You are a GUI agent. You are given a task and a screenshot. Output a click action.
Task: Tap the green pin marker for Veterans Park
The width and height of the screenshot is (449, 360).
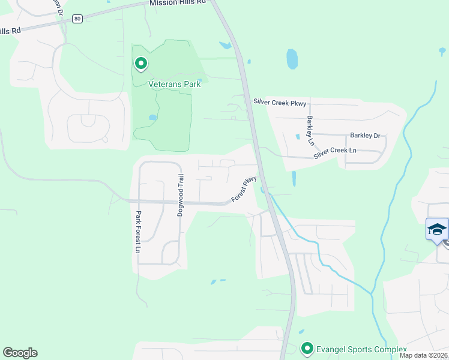pos(141,63)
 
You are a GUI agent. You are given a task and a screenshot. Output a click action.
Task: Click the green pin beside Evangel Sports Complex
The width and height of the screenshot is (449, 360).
pos(307,348)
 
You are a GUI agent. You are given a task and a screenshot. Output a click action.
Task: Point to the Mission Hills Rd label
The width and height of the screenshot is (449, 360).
pos(178,2)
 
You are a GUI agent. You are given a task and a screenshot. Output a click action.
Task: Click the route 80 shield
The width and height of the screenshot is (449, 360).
pos(77,19)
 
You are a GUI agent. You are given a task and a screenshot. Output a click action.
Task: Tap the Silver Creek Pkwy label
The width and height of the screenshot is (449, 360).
pos(280,103)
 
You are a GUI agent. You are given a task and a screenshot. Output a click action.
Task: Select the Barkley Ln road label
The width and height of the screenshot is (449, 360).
pos(310,130)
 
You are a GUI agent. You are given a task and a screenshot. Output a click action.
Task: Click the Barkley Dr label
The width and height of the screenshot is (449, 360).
pos(366,136)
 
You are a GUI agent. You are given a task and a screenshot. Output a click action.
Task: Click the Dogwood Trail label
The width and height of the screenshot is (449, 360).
pos(179,195)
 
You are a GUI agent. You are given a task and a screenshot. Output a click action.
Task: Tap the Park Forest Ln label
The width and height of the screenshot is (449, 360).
pos(137,232)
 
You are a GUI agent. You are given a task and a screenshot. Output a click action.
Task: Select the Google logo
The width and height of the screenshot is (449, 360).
pos(20,353)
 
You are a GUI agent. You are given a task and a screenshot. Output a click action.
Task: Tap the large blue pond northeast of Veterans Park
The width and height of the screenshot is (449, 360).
pos(292,59)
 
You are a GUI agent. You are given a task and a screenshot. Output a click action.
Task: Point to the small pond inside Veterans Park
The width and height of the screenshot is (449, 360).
pos(153,118)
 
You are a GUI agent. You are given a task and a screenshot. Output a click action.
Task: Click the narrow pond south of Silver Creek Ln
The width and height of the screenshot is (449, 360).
pos(294,178)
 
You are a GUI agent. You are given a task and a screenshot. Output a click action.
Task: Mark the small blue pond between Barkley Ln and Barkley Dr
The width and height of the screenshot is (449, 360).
pos(297,136)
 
